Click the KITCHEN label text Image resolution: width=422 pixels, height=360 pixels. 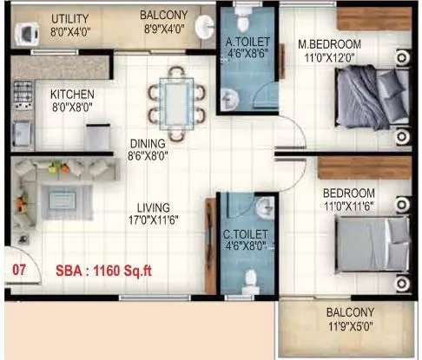pos(72,95)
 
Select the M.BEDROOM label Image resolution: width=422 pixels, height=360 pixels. pos(326,43)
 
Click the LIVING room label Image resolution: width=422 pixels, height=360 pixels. pos(153,208)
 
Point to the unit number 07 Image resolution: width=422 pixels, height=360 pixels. pos(18,269)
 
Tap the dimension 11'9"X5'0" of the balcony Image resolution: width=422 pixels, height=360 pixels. pos(350,327)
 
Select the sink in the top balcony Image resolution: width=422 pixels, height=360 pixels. pos(205,29)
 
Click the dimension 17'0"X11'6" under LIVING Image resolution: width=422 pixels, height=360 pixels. pos(153,220)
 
